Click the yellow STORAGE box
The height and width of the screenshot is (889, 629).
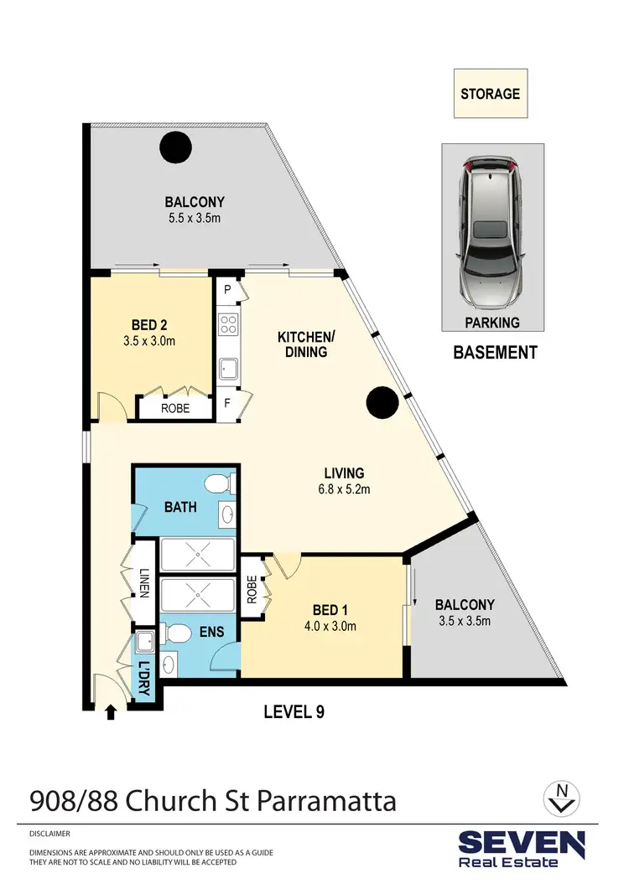tap(491, 94)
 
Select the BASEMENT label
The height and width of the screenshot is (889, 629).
tap(495, 353)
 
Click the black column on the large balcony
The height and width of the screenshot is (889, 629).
tap(175, 149)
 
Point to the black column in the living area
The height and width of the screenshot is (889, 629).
tap(382, 403)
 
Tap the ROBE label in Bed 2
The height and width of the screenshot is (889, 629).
tap(174, 409)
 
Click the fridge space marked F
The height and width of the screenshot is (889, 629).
tap(226, 403)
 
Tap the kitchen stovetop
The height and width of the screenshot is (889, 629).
tap(228, 323)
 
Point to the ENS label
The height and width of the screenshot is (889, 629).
tap(211, 631)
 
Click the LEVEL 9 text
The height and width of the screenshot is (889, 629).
tap(294, 712)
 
